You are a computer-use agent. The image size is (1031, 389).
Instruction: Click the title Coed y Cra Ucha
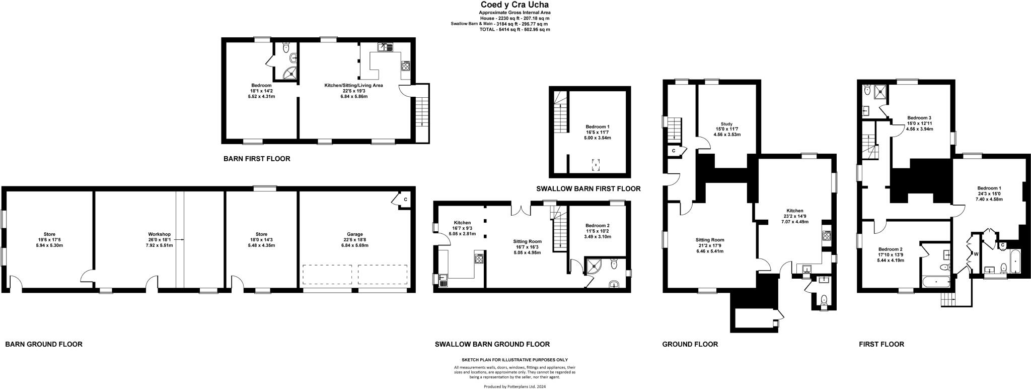pos(514,5)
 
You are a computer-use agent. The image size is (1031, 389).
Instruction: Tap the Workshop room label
pos(159,234)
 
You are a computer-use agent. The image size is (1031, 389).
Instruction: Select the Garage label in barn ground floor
pos(354,234)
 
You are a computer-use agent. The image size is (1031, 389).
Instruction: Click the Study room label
pos(726,123)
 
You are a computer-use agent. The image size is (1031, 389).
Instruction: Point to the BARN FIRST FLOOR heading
pos(257,159)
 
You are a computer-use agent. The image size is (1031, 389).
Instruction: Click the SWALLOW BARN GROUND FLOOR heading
pos(492,344)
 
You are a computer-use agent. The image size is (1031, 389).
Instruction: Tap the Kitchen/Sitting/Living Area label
pos(353,86)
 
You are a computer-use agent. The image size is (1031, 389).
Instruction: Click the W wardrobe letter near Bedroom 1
pos(976,254)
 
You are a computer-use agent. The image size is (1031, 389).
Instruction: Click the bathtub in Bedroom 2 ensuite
pos(935,281)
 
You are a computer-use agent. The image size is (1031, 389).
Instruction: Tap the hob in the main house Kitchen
pos(827,235)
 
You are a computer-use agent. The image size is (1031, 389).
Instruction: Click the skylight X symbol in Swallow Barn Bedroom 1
pos(596,165)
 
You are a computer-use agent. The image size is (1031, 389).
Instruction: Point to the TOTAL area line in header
pos(514,30)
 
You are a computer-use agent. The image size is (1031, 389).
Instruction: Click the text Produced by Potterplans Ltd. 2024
pos(514,386)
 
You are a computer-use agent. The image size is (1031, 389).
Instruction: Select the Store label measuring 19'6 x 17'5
pos(49,234)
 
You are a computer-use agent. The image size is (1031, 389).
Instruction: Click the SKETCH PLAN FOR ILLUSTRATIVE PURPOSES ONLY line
pos(514,360)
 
